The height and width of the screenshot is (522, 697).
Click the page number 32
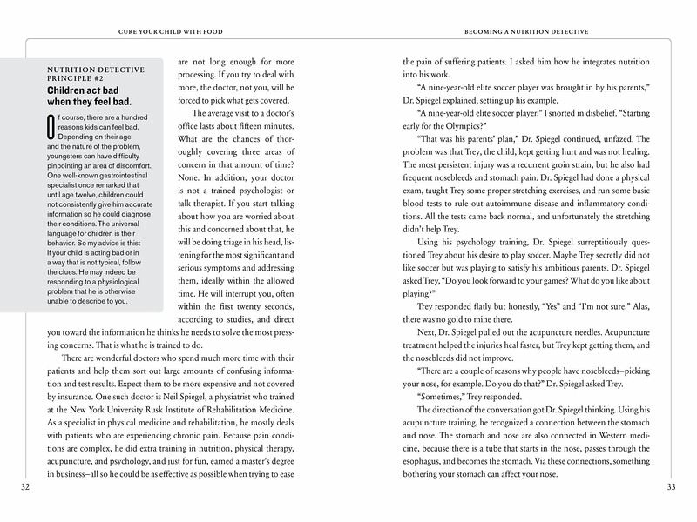24,488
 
